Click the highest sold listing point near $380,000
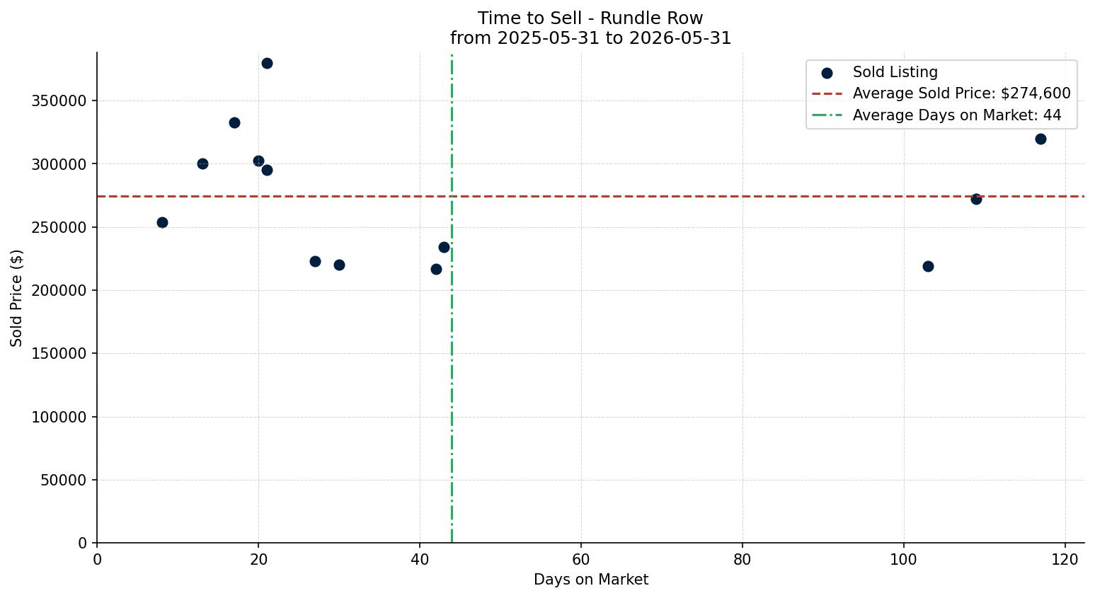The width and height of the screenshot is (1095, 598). click(x=267, y=64)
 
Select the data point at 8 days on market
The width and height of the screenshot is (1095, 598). click(x=162, y=223)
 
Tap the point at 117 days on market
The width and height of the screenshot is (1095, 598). click(x=1040, y=139)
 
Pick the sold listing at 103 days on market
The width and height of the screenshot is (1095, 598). click(x=928, y=267)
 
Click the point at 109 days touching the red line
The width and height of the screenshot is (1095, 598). click(x=976, y=200)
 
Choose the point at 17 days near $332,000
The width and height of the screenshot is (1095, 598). click(x=235, y=123)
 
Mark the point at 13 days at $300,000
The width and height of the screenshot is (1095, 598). click(x=203, y=164)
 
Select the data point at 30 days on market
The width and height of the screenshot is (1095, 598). click(x=339, y=265)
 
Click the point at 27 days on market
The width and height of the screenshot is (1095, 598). click(x=315, y=262)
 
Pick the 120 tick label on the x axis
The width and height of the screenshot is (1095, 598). click(x=1065, y=560)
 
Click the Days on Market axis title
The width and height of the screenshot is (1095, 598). click(x=590, y=580)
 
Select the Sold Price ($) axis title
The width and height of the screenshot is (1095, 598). click(x=16, y=298)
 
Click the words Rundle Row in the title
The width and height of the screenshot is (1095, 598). click(x=651, y=18)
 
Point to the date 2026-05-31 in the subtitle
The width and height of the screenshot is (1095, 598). click(x=680, y=38)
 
